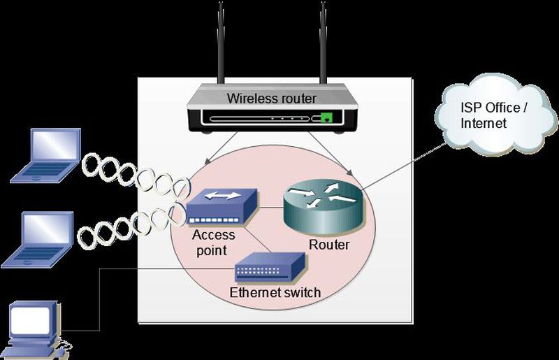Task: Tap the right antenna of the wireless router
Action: (323, 42)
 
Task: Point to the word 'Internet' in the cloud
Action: (483, 124)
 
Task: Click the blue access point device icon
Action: (222, 206)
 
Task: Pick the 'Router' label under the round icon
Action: (328, 245)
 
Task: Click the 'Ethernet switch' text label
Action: (275, 292)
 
